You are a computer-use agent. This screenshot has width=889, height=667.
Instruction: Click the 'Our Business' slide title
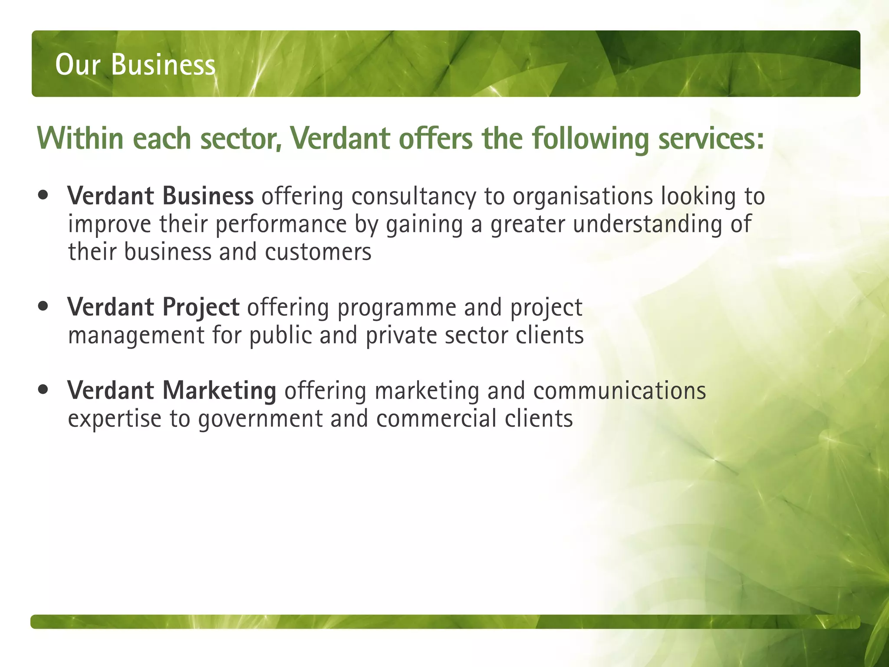click(135, 65)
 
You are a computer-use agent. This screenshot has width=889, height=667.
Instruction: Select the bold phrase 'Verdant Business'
click(160, 196)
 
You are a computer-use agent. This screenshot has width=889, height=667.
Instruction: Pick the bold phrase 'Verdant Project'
click(153, 307)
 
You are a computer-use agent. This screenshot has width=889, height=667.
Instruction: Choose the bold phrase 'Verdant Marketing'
click(171, 390)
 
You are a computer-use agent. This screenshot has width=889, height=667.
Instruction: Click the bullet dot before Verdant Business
click(43, 195)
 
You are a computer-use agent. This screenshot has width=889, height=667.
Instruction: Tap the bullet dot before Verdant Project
click(43, 307)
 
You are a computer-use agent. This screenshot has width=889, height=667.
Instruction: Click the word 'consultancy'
click(414, 197)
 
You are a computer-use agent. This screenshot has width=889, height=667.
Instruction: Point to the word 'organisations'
click(583, 197)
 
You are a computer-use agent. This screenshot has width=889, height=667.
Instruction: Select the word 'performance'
click(281, 225)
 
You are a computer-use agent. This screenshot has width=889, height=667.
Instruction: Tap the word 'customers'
click(318, 252)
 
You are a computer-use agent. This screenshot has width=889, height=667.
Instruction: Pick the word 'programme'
click(397, 308)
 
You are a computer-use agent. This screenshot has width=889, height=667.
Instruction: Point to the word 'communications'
click(619, 391)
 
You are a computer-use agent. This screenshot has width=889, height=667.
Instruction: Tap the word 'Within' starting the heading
click(81, 139)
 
